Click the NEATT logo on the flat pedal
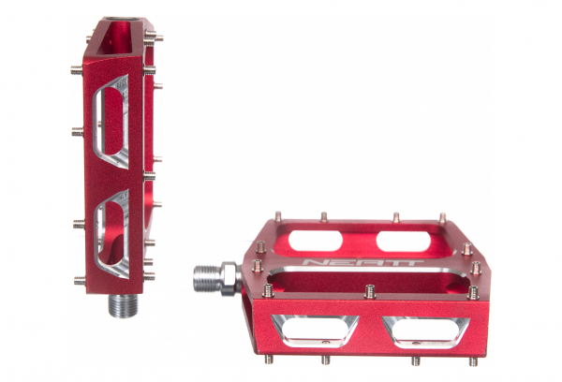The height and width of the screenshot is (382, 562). click(x=362, y=263)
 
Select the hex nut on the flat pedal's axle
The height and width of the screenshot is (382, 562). click(x=229, y=278)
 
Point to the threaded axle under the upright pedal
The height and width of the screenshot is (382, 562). click(x=124, y=305)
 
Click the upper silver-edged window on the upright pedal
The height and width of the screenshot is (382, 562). click(x=111, y=122)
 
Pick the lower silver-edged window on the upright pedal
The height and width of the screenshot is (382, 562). click(x=111, y=234)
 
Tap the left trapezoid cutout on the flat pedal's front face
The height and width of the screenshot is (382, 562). click(x=315, y=331)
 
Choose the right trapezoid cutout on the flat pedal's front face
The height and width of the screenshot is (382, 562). click(x=425, y=332)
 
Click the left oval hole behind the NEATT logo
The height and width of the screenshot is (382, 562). click(x=316, y=241)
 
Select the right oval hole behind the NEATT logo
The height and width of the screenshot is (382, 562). click(x=404, y=242)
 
